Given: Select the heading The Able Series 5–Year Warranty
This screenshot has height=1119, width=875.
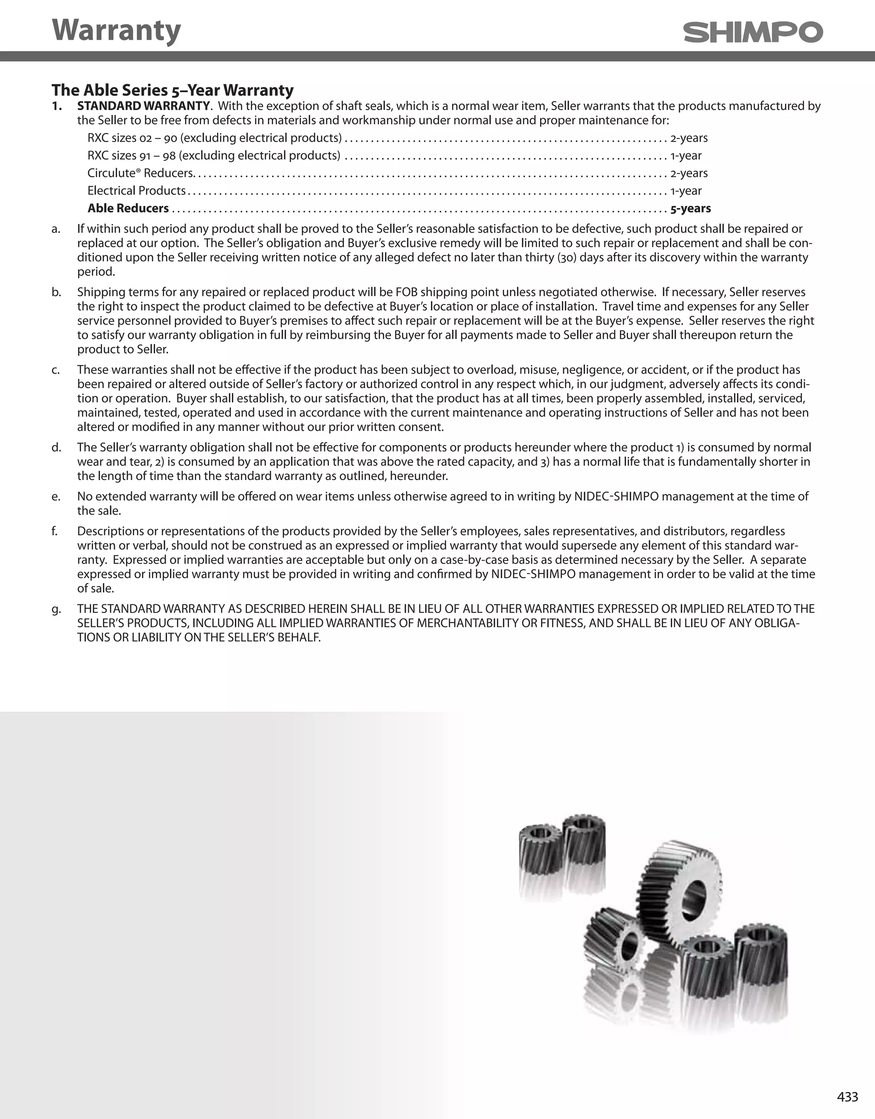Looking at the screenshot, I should pyautogui.click(x=172, y=90).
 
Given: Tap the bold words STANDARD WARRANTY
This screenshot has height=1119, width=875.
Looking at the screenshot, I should pyautogui.click(x=144, y=106).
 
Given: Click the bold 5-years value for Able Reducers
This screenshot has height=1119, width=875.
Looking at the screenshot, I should pyautogui.click(x=690, y=208).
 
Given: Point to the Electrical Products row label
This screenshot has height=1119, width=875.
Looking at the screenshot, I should pyautogui.click(x=136, y=190).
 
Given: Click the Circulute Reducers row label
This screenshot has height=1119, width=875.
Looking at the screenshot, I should pyautogui.click(x=140, y=173).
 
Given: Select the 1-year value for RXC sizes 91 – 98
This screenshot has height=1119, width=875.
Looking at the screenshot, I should pyautogui.click(x=686, y=156).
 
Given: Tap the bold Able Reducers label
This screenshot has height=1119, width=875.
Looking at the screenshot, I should pyautogui.click(x=128, y=208).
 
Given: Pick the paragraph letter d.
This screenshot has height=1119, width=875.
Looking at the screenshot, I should pyautogui.click(x=56, y=448).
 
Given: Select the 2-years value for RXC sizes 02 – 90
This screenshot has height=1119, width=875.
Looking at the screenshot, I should pyautogui.click(x=689, y=138).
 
